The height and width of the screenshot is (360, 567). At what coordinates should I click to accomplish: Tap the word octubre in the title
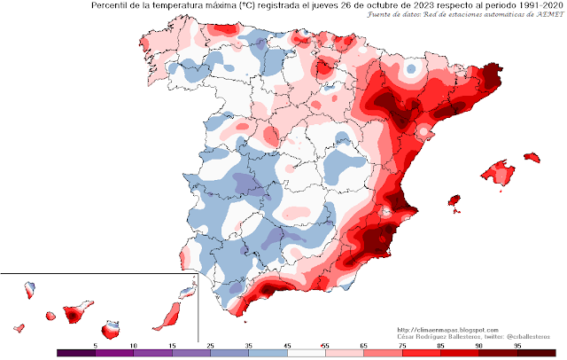pyautogui.click(x=371, y=7)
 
